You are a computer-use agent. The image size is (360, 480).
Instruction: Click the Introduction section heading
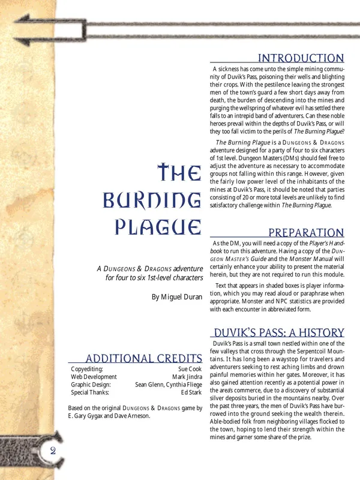[x=300, y=58]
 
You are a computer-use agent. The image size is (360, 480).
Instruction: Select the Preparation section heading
[x=305, y=233]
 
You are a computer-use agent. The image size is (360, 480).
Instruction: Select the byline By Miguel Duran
[x=176, y=296]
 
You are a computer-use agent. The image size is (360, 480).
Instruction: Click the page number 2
[x=53, y=451]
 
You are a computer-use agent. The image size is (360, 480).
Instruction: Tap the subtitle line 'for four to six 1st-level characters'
[x=152, y=278]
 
